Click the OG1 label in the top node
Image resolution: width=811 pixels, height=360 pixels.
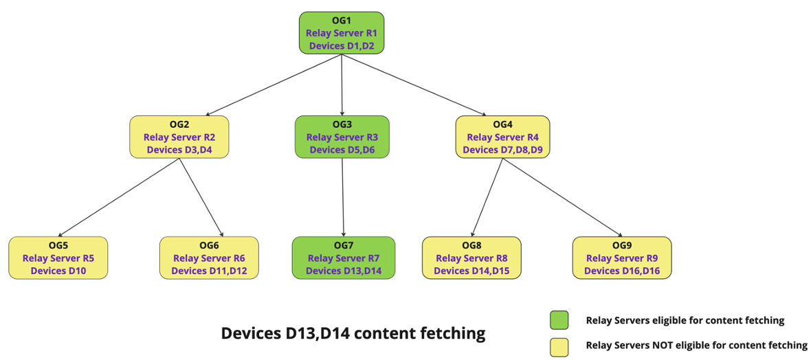click(342, 20)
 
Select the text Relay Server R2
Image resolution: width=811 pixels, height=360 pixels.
click(179, 137)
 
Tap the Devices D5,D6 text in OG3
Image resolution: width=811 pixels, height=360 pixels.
click(342, 149)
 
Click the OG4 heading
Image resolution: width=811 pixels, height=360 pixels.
click(502, 124)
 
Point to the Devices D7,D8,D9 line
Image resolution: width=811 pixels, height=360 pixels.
click(502, 149)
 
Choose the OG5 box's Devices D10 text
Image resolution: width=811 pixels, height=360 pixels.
click(58, 271)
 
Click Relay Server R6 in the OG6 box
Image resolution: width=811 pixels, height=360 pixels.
click(209, 258)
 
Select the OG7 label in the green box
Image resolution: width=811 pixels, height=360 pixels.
click(343, 245)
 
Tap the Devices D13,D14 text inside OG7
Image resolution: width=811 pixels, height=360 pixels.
click(343, 271)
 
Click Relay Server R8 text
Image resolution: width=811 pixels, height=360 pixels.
click(471, 258)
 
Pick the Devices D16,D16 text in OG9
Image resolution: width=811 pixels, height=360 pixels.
click(622, 271)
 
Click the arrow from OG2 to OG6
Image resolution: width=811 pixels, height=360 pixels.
click(201, 198)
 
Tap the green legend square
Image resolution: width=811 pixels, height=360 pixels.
click(559, 320)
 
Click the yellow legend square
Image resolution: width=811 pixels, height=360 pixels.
click(559, 346)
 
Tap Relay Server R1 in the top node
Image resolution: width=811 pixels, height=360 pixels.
click(342, 33)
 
